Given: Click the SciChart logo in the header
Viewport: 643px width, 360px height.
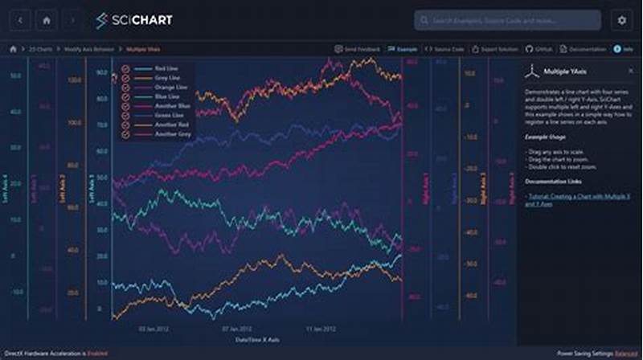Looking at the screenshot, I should (x=133, y=20).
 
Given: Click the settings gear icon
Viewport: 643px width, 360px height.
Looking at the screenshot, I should (x=621, y=20).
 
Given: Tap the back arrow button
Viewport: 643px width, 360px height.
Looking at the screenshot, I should (x=19, y=20).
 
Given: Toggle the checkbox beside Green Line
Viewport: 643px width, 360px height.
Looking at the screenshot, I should (x=125, y=115).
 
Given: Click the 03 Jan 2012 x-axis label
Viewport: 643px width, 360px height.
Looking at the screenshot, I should (x=153, y=329).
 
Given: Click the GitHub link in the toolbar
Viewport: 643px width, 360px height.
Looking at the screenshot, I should (x=539, y=49).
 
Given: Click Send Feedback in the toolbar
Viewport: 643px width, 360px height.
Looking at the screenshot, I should (x=358, y=49).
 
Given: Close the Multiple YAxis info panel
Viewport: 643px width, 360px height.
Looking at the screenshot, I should (x=631, y=71).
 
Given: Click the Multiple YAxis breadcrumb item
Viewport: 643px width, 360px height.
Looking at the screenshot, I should (x=141, y=49).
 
